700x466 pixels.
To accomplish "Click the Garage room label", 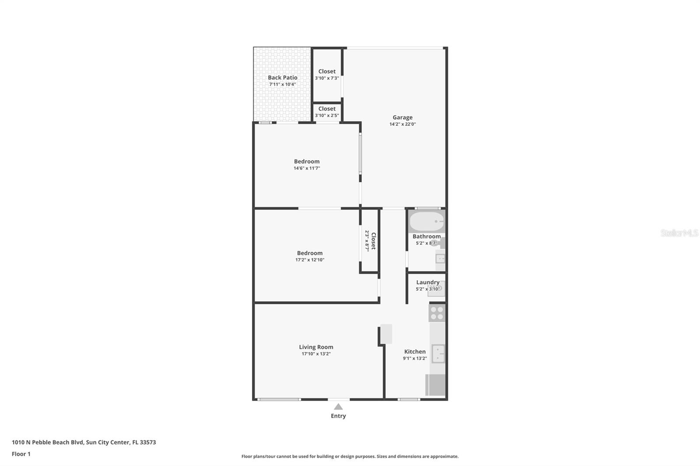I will [x=402, y=117].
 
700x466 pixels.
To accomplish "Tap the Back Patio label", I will [x=283, y=77].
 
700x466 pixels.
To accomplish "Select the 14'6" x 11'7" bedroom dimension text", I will [x=307, y=168].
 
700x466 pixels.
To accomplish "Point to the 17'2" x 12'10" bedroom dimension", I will [x=310, y=260].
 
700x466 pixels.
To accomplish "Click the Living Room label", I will [x=316, y=347].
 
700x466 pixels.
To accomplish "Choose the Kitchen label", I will [x=415, y=351].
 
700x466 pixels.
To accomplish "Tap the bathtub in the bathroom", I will [x=427, y=222].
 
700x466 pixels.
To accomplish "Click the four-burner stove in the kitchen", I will [x=437, y=313].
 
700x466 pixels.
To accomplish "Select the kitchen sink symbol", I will [x=438, y=353].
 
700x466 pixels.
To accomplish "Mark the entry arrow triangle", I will [x=338, y=407].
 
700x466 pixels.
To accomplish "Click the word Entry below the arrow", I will [x=338, y=416].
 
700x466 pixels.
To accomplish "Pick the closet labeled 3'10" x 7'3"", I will [x=327, y=74].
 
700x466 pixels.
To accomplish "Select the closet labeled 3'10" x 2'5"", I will [x=327, y=112].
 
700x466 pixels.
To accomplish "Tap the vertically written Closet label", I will [x=373, y=241].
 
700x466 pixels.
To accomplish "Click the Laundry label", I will [x=427, y=282].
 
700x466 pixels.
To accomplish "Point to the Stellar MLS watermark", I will [x=679, y=233].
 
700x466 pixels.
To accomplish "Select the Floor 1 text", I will [x=21, y=454].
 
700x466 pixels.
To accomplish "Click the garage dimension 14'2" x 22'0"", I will [x=402, y=124].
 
